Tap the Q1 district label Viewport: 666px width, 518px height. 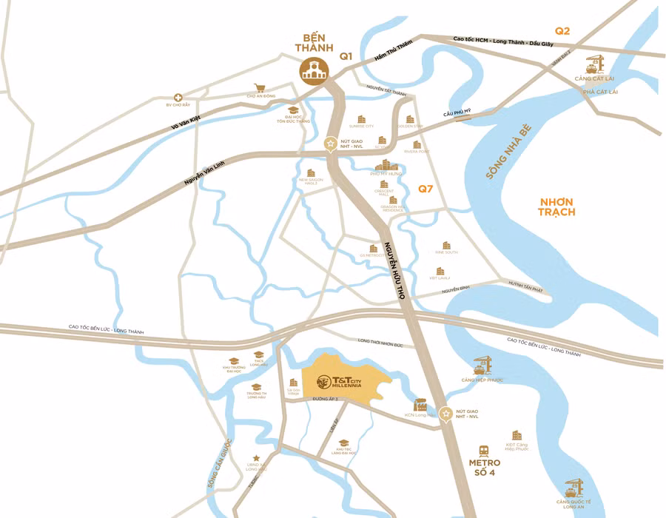click(346, 56)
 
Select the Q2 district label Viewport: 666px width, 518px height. click(563, 30)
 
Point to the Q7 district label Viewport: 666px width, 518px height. click(425, 189)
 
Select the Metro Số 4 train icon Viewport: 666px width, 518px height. click(484, 450)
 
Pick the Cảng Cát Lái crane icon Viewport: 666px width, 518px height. click(594, 63)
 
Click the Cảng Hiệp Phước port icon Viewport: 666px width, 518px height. click(482, 365)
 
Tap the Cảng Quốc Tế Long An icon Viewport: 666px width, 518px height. click(573, 488)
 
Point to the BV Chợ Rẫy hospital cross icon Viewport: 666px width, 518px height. click(178, 98)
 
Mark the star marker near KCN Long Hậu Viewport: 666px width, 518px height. click(445, 414)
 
